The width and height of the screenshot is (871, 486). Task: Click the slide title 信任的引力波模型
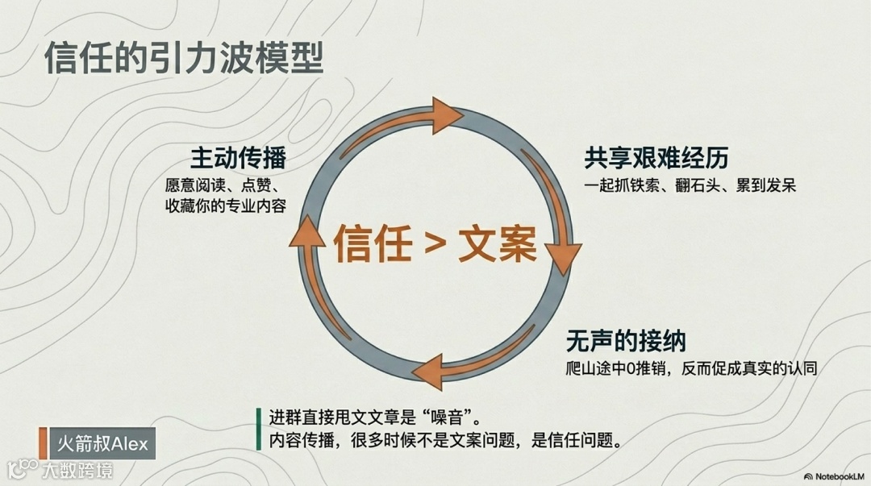click(x=184, y=58)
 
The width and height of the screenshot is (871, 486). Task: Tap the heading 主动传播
click(x=238, y=156)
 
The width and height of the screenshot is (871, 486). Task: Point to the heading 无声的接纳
click(x=626, y=341)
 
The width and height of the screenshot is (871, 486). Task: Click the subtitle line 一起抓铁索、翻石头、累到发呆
click(x=690, y=185)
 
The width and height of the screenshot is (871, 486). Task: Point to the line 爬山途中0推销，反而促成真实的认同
click(x=692, y=369)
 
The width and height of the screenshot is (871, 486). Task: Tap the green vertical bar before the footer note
click(x=259, y=430)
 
